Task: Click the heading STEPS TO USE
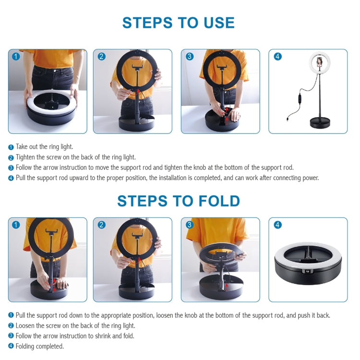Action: [178, 23]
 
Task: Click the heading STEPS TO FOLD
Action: [178, 201]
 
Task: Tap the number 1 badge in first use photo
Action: [16, 56]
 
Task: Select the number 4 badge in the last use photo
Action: [277, 56]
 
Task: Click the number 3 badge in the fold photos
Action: [190, 225]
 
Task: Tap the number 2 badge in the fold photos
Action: [102, 225]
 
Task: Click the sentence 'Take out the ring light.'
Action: [44, 147]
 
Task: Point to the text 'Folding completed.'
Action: [39, 346]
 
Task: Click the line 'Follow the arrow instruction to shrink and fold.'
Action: [75, 336]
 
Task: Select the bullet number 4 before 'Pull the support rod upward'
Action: [11, 178]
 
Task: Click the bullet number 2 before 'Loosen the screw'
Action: [11, 326]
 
